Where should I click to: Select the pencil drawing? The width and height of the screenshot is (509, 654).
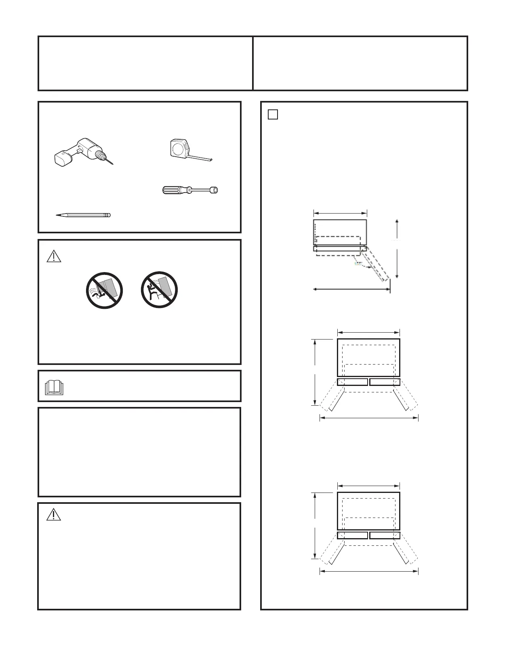83,215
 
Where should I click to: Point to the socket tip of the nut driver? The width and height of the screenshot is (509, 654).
214,190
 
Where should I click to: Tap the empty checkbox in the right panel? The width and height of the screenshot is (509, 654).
273,115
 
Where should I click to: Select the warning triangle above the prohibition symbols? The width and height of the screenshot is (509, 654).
54,256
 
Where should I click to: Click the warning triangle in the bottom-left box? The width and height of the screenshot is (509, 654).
54,515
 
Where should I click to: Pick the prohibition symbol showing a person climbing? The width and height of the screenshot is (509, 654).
159,290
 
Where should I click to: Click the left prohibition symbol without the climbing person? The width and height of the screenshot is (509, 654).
104,290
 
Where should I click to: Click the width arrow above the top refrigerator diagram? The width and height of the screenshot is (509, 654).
340,213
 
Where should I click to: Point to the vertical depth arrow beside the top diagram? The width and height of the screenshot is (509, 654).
397,249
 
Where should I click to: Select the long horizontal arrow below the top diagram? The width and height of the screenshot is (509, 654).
352,289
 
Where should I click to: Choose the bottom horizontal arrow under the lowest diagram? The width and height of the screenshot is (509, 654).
369,571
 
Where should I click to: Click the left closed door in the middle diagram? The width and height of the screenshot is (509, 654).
352,382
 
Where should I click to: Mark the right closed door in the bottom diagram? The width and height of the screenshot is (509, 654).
385,535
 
